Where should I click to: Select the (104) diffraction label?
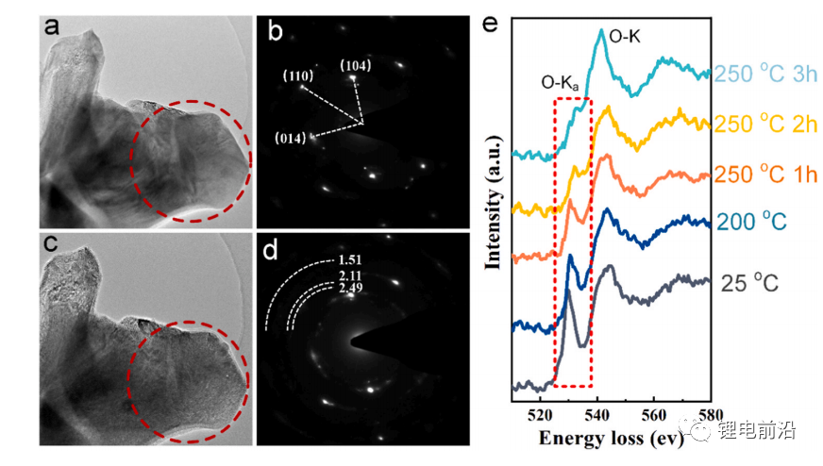pos(356,65)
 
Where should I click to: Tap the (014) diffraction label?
pos(291,138)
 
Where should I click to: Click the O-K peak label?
pos(628,36)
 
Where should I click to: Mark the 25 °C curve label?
pos(750,281)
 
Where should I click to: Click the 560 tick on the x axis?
pos(654,413)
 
